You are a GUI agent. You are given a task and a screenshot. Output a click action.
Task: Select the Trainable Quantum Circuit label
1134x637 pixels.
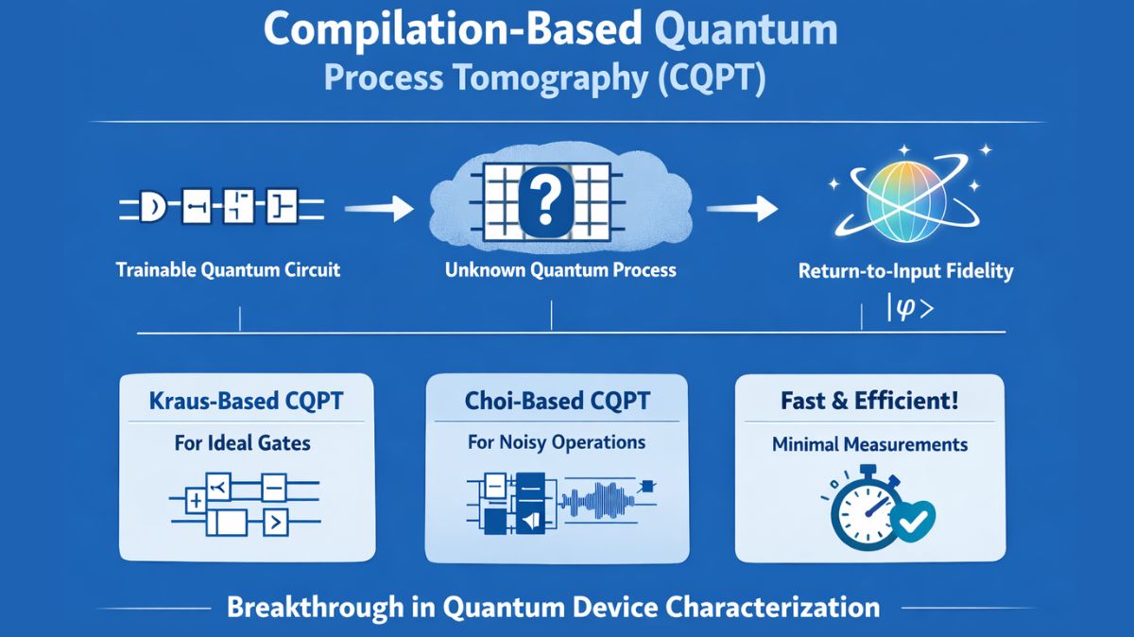227,270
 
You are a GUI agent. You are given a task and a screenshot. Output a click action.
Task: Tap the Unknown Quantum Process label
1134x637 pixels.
560,270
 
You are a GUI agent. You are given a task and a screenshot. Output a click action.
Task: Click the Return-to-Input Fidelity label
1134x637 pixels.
905,272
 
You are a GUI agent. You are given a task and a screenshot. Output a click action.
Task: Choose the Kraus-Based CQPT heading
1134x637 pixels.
247,401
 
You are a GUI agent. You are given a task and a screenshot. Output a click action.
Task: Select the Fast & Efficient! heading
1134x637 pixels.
869,401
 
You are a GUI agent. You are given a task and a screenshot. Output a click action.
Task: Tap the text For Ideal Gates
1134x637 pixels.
242,442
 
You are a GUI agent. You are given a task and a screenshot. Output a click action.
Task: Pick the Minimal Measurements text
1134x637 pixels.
868,442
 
